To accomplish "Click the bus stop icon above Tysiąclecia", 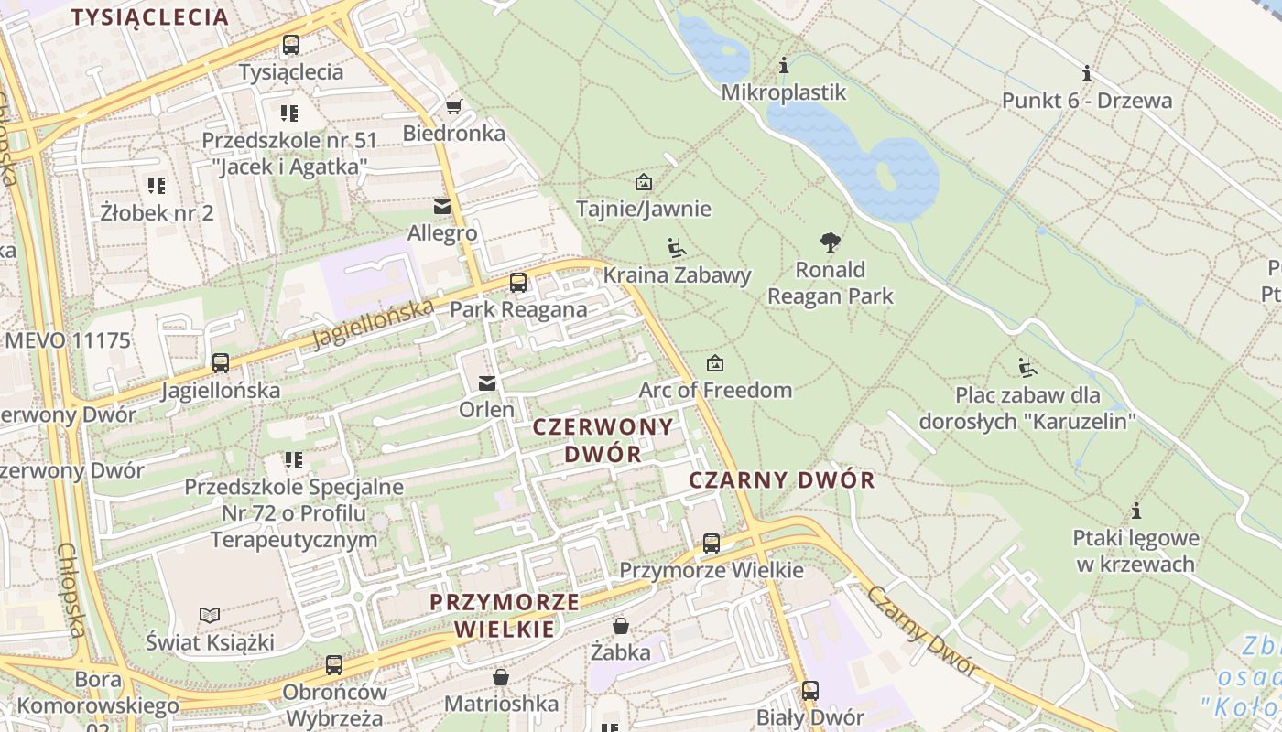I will [x=291, y=44].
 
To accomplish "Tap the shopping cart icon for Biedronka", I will [x=453, y=106].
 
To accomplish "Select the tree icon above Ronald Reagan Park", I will [x=831, y=242].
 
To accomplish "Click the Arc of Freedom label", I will [x=715, y=390].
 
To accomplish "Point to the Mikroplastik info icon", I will [x=783, y=66].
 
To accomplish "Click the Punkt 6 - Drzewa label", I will [x=1086, y=101].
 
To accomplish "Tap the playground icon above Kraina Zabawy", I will [x=677, y=248].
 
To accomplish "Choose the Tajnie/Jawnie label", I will [x=643, y=209].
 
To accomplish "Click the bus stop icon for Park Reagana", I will [x=518, y=283].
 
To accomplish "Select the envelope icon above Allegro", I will [x=442, y=207].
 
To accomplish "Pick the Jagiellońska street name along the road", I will [x=372, y=324].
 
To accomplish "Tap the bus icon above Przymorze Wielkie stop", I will [x=712, y=544].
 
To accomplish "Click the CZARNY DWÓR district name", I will [x=781, y=480].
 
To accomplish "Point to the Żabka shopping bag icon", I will [x=621, y=626].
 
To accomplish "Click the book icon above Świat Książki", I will [x=210, y=615].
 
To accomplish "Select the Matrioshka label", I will [x=501, y=704].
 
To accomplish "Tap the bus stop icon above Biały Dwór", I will [x=810, y=690].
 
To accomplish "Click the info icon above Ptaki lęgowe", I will [x=1136, y=511].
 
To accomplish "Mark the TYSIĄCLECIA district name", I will [x=149, y=17].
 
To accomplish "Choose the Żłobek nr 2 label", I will [x=157, y=213].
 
